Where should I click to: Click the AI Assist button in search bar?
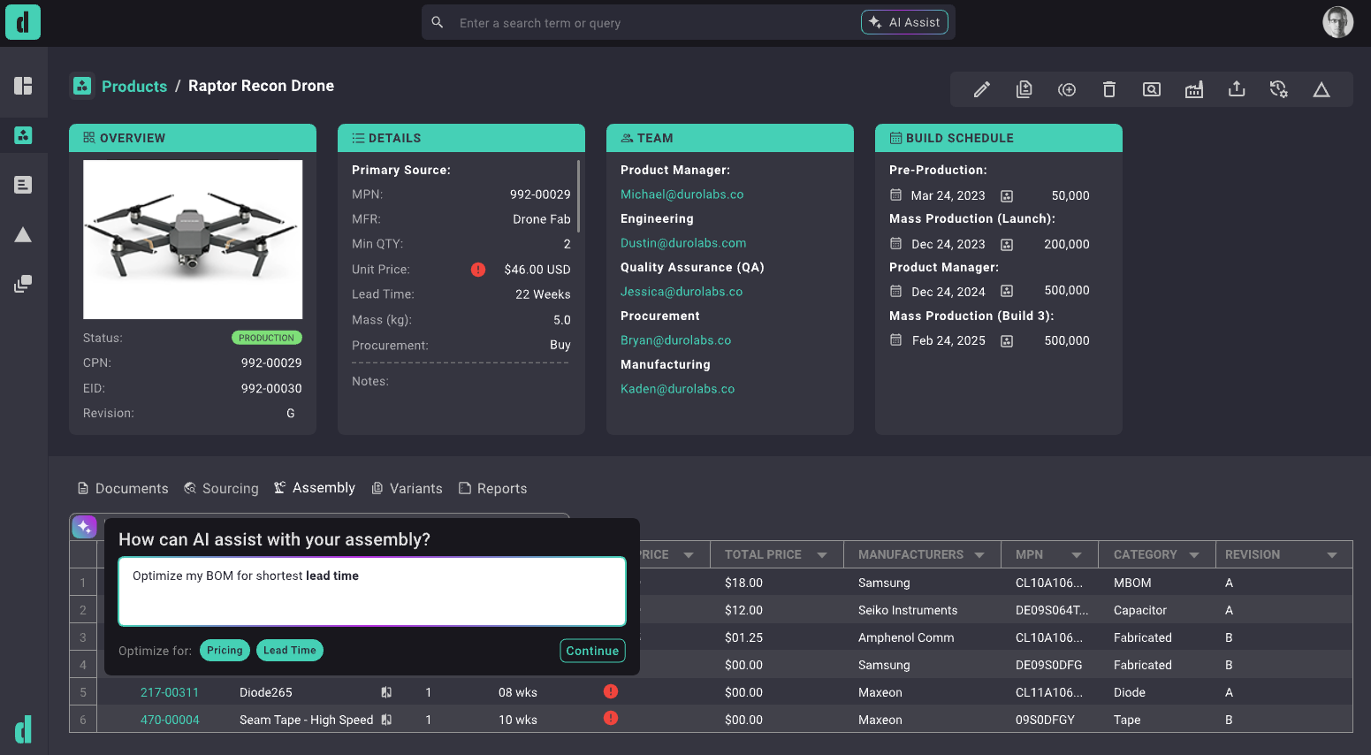point(904,22)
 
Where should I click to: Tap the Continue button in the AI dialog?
point(592,651)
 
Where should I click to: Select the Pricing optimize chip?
point(225,651)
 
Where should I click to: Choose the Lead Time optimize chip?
point(289,651)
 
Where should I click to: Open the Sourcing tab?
point(221,488)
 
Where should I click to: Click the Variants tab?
point(407,488)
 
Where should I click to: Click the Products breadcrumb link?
point(134,86)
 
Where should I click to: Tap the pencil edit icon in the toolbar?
point(981,89)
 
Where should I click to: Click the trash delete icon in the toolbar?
point(1109,89)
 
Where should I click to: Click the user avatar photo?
point(1337,22)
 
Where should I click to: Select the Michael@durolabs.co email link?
point(682,194)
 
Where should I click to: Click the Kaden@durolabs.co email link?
point(677,389)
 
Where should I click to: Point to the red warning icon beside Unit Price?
point(478,270)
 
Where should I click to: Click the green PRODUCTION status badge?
point(266,338)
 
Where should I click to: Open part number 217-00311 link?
point(170,692)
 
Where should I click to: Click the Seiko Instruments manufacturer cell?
point(908,610)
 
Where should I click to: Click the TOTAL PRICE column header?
point(763,554)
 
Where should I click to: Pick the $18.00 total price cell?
point(743,583)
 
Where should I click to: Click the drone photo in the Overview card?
point(193,239)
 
